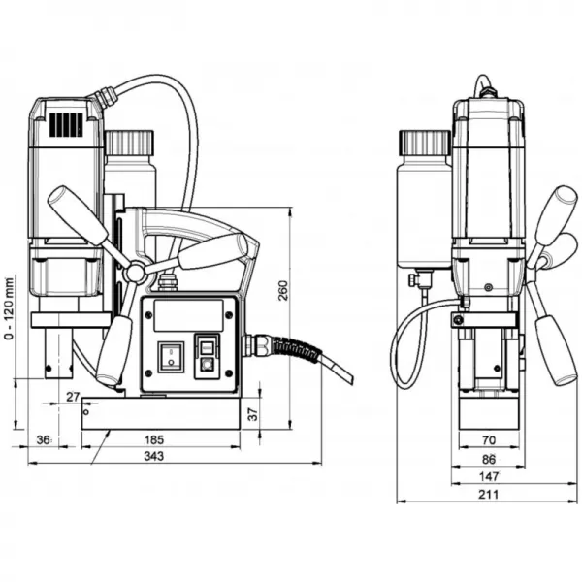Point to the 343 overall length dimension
pyautogui.click(x=153, y=455)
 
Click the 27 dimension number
pyautogui.click(x=73, y=397)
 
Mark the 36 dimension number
pyautogui.click(x=42, y=440)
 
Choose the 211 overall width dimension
pyautogui.click(x=489, y=494)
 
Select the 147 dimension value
pyautogui.click(x=489, y=476)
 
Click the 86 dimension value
pyautogui.click(x=489, y=459)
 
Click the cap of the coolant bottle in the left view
pyautogui.click(x=130, y=142)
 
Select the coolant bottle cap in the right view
pyautogui.click(x=424, y=142)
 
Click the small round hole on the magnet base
pyautogui.click(x=87, y=411)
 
